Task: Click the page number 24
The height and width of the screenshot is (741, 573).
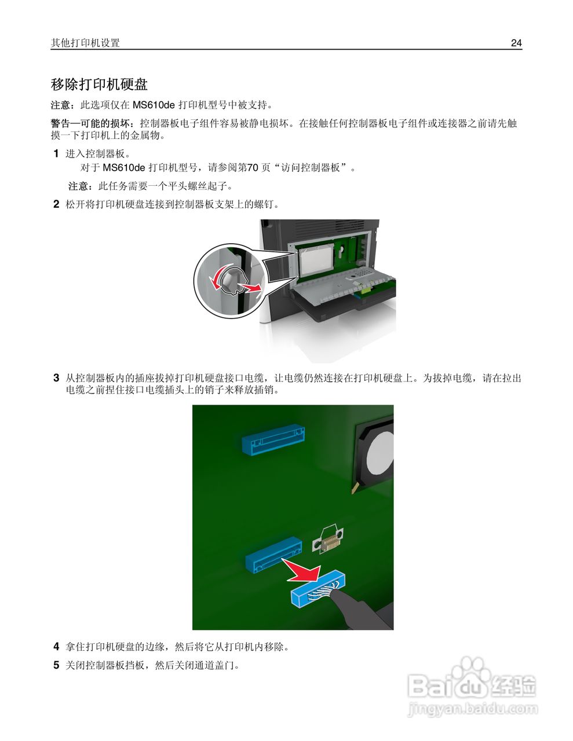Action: pyautogui.click(x=516, y=43)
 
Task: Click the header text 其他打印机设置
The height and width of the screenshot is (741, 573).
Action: pyautogui.click(x=85, y=43)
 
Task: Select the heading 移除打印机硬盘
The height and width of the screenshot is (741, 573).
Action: pyautogui.click(x=99, y=85)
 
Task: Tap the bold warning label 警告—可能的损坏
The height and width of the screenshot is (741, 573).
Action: pyautogui.click(x=92, y=123)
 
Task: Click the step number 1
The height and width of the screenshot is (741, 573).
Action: pyautogui.click(x=56, y=154)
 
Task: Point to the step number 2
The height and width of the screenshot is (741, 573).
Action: pyautogui.click(x=56, y=204)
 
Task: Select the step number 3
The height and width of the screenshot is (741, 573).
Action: pyautogui.click(x=56, y=378)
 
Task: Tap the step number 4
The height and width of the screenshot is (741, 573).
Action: pyautogui.click(x=56, y=647)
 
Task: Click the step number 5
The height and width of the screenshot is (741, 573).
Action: pyautogui.click(x=56, y=665)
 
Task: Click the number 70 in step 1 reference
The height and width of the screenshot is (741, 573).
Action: pyautogui.click(x=253, y=168)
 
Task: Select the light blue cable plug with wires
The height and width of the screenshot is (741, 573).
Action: pyautogui.click(x=317, y=590)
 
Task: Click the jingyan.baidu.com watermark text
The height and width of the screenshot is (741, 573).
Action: pyautogui.click(x=473, y=709)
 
